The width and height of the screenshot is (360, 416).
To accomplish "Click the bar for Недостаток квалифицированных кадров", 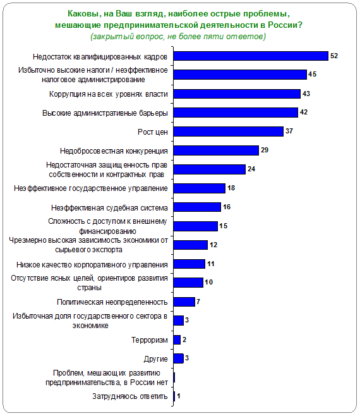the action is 251,56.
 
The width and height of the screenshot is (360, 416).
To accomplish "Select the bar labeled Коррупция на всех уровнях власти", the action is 237,94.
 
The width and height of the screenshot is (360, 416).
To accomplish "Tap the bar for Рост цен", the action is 229,132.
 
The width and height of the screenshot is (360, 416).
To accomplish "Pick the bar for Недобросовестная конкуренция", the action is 216,150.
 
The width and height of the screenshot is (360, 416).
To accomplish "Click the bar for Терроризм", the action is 177,340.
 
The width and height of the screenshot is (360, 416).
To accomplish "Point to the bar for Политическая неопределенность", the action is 184,302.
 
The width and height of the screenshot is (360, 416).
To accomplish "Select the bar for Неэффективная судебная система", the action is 197,207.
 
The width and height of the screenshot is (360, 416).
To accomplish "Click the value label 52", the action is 334,56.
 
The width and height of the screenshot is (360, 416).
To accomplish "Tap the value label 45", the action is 312,74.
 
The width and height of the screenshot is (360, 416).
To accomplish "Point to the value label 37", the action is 289,131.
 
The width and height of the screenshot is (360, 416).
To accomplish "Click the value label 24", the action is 251,169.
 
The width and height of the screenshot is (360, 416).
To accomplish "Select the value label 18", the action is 231,188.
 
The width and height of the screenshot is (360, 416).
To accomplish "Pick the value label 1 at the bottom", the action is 179,396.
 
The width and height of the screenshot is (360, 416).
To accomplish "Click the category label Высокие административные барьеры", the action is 105,113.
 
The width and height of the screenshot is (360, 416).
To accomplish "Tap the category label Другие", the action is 156,359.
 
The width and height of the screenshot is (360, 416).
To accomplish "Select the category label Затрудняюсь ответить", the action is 130,396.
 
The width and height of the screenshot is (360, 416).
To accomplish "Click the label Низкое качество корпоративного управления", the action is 92,265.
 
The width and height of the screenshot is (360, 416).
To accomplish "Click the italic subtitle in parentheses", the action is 178,36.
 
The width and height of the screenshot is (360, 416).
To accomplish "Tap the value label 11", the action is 211,264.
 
